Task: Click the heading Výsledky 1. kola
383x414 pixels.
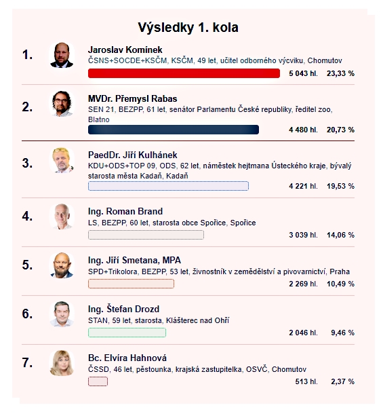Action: pyautogui.click(x=188, y=27)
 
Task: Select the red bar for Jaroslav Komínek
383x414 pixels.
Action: pyautogui.click(x=184, y=73)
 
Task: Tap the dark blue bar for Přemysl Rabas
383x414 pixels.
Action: pyautogui.click(x=174, y=130)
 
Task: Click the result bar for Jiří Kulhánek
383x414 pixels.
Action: pyautogui.click(x=168, y=186)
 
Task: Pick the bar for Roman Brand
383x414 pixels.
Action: pyautogui.click(x=146, y=235)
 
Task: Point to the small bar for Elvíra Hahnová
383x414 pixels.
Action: pyautogui.click(x=98, y=381)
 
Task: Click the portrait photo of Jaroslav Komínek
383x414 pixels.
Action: pyautogui.click(x=62, y=55)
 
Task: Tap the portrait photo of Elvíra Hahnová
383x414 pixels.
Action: pyautogui.click(x=62, y=363)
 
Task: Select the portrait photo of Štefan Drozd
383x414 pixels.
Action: pyautogui.click(x=62, y=314)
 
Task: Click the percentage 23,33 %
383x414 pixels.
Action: pyautogui.click(x=340, y=73)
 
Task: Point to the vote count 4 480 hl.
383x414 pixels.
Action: pyautogui.click(x=303, y=130)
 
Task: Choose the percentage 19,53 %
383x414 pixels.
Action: pyautogui.click(x=340, y=186)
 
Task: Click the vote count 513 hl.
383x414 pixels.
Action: pyautogui.click(x=306, y=381)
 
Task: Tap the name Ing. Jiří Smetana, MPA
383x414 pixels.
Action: pyautogui.click(x=134, y=261)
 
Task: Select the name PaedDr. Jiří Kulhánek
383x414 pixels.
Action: pyautogui.click(x=133, y=155)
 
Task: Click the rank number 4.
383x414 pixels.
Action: pyautogui.click(x=27, y=217)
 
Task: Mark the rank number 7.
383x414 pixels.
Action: pyautogui.click(x=27, y=363)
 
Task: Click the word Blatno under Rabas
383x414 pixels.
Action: pyautogui.click(x=99, y=119)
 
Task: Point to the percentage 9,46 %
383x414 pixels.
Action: pyautogui.click(x=342, y=333)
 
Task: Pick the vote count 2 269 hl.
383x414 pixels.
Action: pyautogui.click(x=303, y=284)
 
